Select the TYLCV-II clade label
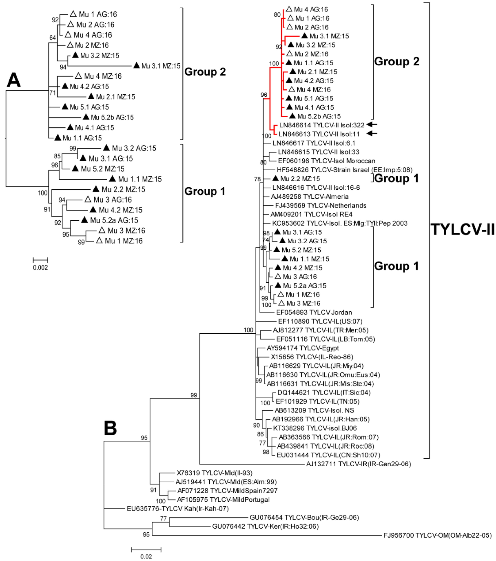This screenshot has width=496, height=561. [463, 229]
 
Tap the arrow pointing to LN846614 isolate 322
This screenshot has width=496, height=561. [372, 125]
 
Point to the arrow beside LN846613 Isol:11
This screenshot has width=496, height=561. [372, 134]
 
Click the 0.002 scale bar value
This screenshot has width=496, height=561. [40, 268]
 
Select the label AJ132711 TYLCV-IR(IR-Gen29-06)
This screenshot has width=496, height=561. [358, 464]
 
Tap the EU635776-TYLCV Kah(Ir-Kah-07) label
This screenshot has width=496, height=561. [177, 509]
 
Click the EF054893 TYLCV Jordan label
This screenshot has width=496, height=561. [314, 312]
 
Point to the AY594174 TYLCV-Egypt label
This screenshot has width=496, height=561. [303, 348]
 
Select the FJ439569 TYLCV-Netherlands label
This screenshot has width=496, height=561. [321, 206]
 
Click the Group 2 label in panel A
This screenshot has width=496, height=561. [205, 72]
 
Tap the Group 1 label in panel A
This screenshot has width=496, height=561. [205, 191]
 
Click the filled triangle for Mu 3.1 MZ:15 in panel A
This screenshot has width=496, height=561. [136, 65]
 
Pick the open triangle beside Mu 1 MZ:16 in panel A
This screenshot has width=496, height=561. [99, 241]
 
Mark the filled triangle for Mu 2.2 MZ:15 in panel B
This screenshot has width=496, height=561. [275, 178]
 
